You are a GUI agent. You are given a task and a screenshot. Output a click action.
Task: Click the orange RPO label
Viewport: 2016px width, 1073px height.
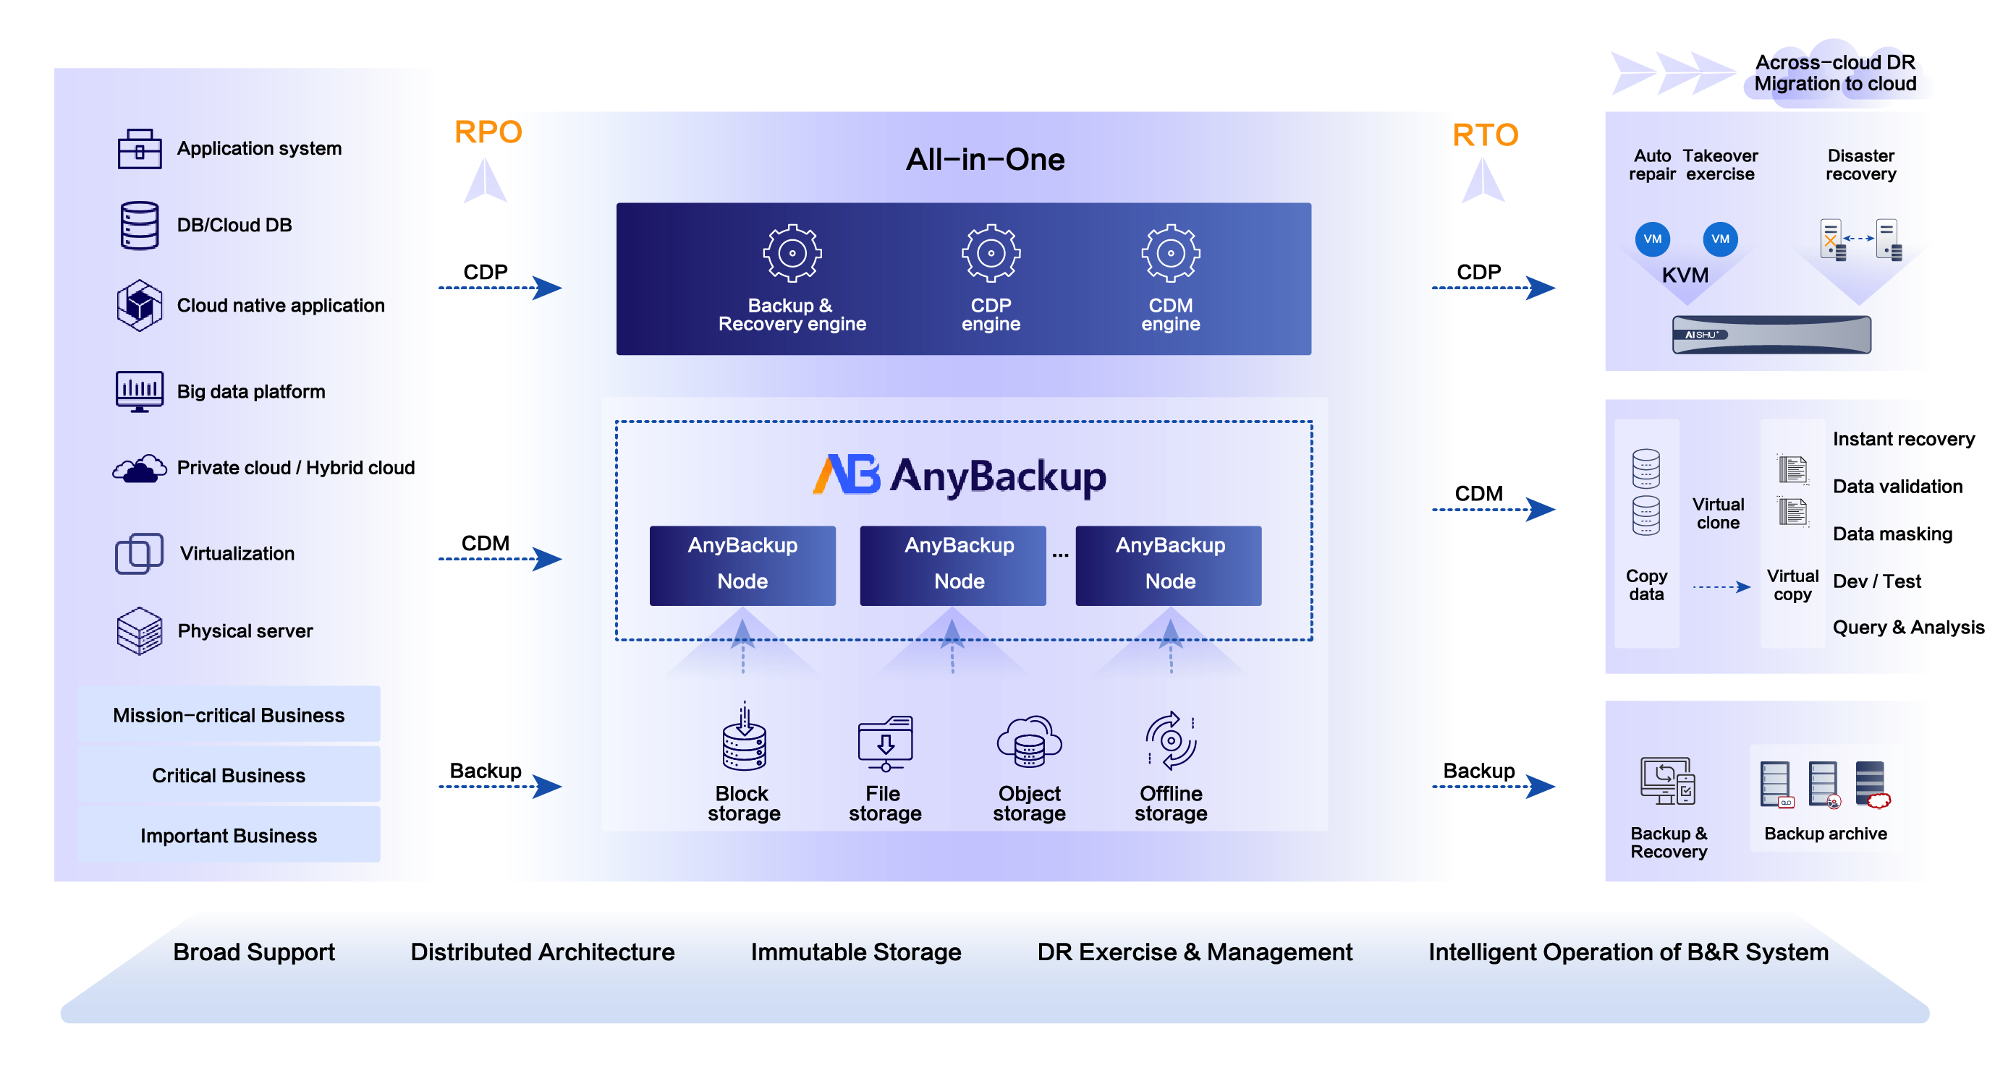tap(488, 132)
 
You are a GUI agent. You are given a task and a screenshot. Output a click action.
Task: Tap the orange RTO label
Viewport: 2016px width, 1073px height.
tap(1485, 135)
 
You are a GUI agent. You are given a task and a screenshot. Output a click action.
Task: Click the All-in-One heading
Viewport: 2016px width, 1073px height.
tap(985, 160)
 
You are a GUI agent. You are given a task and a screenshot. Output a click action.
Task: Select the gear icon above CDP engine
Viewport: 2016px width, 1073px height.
tap(991, 252)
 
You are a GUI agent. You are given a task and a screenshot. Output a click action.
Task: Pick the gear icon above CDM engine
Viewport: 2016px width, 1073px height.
tap(1170, 252)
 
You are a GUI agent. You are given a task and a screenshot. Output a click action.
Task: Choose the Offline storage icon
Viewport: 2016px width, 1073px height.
tap(1171, 740)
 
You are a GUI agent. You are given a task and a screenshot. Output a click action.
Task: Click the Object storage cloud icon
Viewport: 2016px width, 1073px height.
tap(1029, 741)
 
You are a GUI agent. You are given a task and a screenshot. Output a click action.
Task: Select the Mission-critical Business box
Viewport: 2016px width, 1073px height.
tap(229, 714)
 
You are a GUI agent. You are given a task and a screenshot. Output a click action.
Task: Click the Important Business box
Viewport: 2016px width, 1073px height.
tap(229, 834)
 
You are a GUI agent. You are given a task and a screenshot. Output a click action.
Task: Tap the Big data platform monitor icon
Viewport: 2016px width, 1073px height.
tap(140, 391)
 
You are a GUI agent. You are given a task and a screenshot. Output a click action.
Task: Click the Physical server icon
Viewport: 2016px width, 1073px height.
tap(140, 630)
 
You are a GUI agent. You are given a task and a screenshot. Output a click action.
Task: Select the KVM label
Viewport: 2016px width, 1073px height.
tap(1685, 275)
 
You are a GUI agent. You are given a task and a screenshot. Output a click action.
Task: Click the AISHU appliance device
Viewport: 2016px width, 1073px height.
tap(1771, 335)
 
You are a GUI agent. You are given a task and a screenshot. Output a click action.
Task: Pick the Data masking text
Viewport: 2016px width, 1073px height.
tap(1892, 534)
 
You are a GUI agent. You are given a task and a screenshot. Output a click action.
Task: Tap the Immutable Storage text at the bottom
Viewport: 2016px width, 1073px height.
tap(855, 952)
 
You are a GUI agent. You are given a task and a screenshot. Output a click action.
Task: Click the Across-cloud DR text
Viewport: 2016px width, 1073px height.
tap(1834, 63)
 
